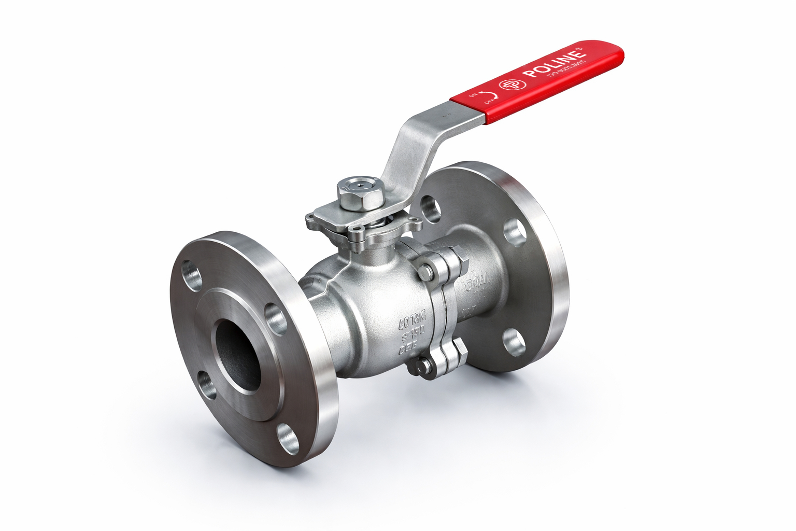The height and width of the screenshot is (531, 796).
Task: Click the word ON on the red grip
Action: pos(473,95)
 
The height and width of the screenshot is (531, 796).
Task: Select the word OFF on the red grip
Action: pos(488,101)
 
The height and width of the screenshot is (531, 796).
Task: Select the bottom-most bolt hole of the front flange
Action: pos(288,439)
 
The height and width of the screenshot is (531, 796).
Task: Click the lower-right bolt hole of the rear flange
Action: pos(514,343)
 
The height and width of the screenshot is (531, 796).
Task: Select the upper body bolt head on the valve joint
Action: pos(425,271)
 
